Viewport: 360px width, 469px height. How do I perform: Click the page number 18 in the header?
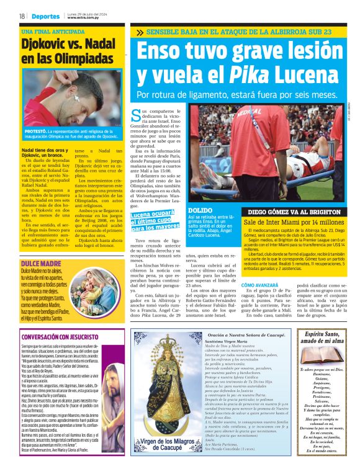coord(22,16)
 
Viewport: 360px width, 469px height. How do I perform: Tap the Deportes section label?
coord(45,16)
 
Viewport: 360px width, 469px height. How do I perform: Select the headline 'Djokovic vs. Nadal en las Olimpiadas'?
coord(65,51)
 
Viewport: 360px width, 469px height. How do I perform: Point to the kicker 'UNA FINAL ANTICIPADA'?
coord(52,32)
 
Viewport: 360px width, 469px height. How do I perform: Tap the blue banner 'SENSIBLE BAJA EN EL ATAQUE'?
coord(239,32)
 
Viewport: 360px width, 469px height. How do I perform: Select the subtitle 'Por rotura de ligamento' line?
coord(236,95)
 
